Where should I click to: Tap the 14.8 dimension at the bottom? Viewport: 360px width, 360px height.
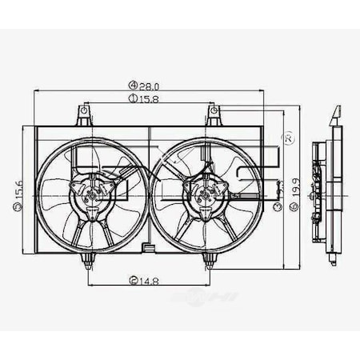point(147,280)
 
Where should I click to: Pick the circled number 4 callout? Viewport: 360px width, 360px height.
point(131,85)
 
